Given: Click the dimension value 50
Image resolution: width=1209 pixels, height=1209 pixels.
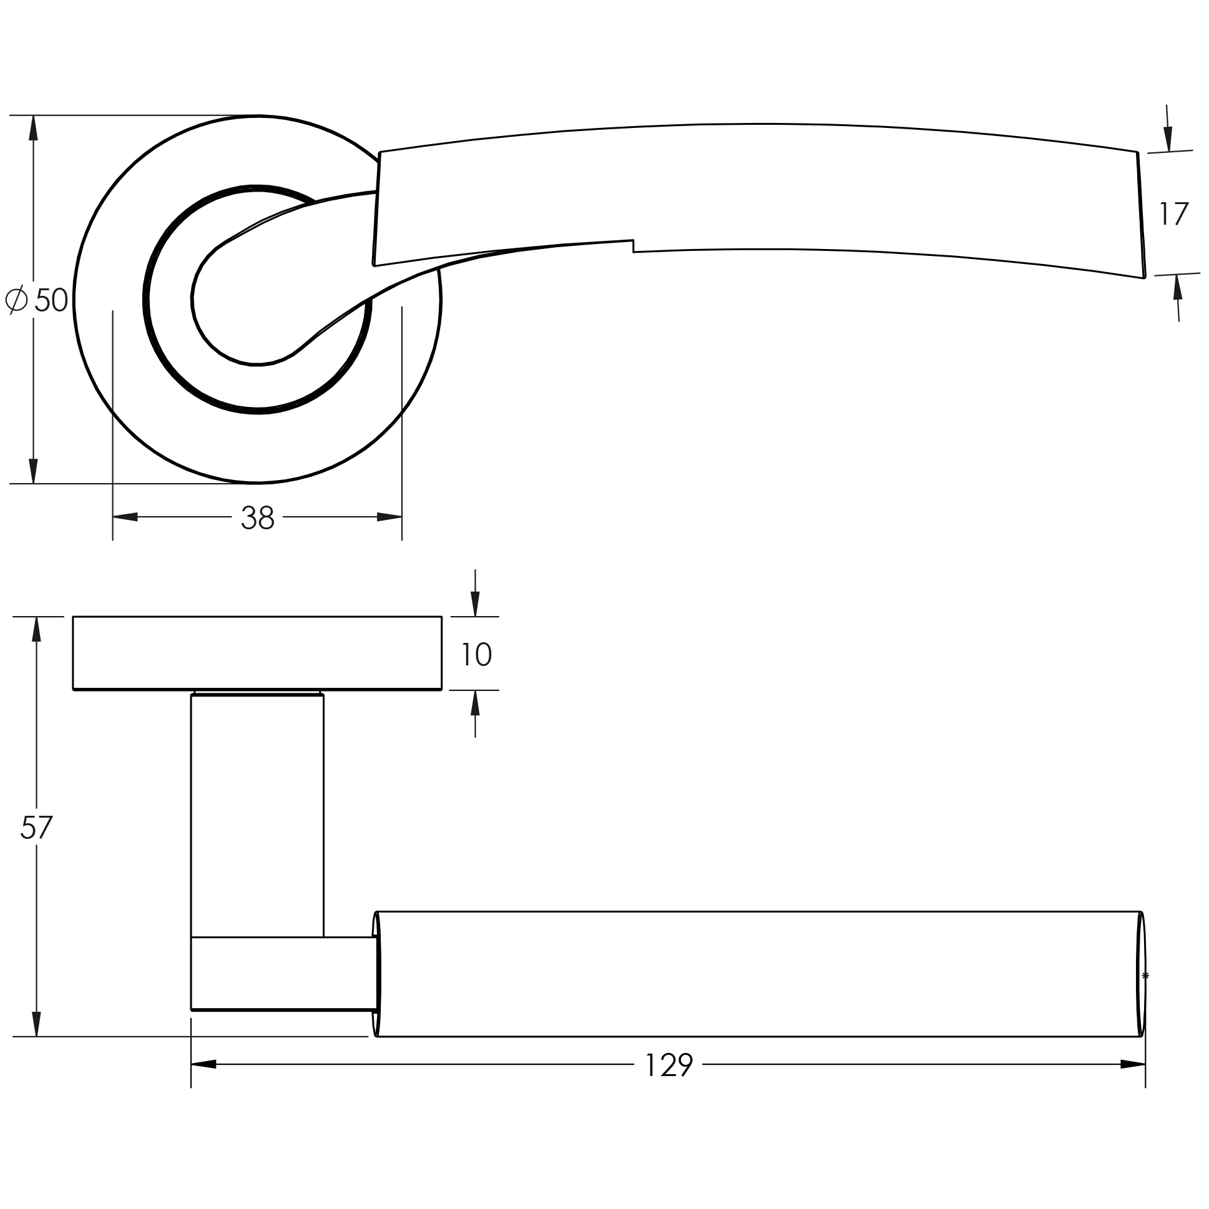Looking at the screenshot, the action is pyautogui.click(x=51, y=300).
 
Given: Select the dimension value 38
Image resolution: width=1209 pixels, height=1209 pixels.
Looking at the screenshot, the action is pyautogui.click(x=257, y=517).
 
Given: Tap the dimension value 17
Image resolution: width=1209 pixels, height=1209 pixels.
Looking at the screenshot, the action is pyautogui.click(x=1173, y=213).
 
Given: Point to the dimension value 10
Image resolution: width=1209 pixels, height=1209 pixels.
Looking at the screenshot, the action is pyautogui.click(x=476, y=655).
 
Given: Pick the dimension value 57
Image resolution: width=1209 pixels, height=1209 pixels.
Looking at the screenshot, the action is pyautogui.click(x=36, y=827).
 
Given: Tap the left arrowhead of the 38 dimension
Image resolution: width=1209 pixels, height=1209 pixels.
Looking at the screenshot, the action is pyautogui.click(x=125, y=517).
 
